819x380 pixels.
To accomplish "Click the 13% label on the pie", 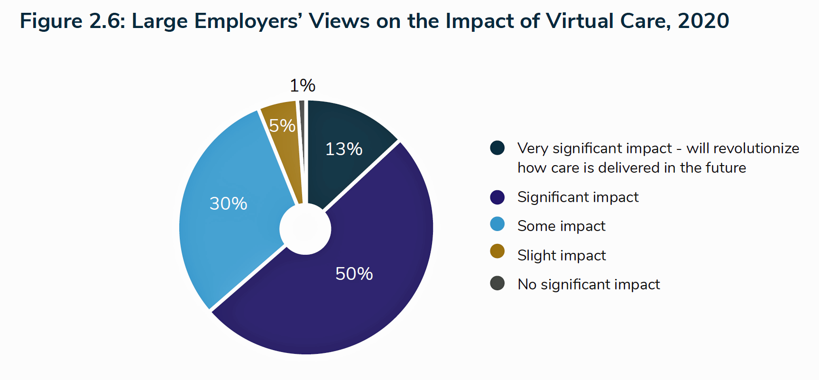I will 344,149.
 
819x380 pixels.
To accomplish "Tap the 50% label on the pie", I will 354,274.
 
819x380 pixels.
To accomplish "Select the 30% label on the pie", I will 228,204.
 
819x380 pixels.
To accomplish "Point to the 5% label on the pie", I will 282,126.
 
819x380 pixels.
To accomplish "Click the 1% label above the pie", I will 303,86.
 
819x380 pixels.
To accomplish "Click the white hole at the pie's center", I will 305,229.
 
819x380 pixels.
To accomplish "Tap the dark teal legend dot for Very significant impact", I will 497,148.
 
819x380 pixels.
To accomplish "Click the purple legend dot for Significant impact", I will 497,197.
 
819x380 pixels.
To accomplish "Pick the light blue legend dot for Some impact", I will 497,224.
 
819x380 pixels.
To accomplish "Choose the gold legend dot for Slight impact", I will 497,251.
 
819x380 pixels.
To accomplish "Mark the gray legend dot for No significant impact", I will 497,283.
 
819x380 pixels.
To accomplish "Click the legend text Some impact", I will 561,226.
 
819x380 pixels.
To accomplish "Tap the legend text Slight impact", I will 561,255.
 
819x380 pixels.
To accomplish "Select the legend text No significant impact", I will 589,284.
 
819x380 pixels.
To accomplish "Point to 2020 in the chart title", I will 703,21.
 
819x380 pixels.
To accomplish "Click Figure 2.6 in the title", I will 72,21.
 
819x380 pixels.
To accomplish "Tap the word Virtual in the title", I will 576,21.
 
